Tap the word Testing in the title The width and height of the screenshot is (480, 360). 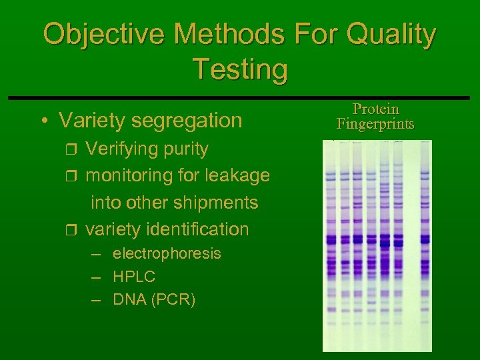[240, 69]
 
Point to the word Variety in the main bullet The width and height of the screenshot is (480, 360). [92, 121]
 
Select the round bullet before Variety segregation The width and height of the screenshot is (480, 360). [43, 121]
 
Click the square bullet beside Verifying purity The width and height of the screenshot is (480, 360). [74, 149]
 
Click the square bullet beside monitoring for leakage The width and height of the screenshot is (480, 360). [74, 176]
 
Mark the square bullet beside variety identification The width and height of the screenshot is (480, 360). [74, 230]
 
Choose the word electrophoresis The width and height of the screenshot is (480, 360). [167, 254]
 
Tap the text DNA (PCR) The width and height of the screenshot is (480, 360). [154, 299]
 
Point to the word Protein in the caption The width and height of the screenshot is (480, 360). [375, 109]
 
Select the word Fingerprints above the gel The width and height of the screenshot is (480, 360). [375, 124]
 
